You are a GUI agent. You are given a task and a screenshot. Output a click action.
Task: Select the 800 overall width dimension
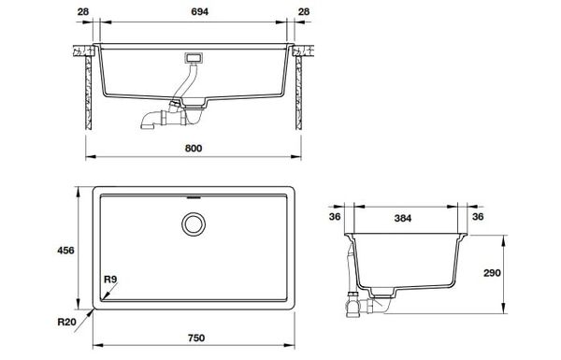click(194, 149)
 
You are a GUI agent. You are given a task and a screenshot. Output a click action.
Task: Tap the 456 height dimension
click(66, 251)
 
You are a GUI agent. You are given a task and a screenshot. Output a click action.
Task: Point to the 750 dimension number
click(194, 337)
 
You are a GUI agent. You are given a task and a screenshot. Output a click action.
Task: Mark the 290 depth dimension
click(520, 274)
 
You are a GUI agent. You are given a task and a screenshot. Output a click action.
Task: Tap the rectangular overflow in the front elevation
click(194, 58)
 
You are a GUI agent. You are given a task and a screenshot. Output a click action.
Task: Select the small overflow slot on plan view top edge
click(194, 198)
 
